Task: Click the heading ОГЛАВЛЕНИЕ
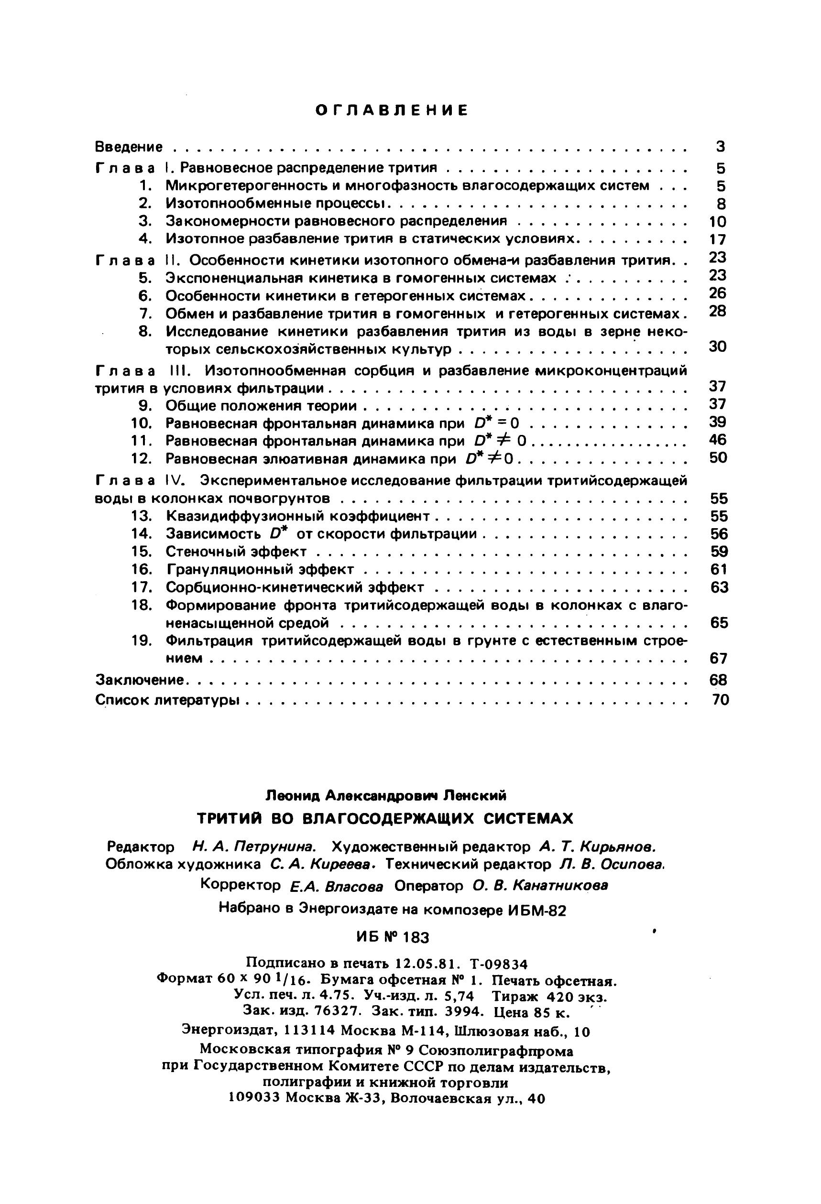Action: (x=392, y=110)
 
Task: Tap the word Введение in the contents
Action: (x=129, y=147)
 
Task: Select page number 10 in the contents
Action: (x=718, y=222)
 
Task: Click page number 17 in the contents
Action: (x=718, y=239)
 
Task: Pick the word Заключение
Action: (x=140, y=679)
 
